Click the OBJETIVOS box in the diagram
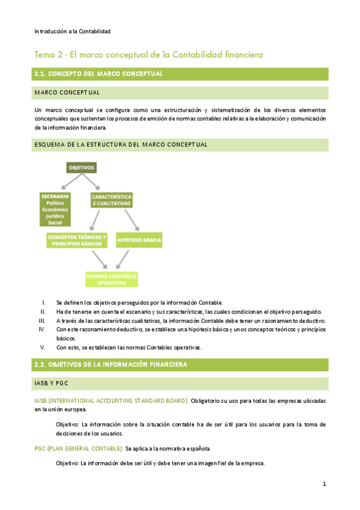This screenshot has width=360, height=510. pos(82,167)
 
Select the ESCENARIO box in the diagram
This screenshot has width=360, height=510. pos(55,209)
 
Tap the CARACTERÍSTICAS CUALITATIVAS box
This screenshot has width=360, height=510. pos(112,200)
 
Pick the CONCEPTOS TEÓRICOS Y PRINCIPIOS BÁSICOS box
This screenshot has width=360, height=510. pos(77,240)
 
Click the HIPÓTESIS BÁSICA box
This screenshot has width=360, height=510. pos(139,240)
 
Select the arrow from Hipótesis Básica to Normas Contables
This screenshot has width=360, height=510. pos(123,259)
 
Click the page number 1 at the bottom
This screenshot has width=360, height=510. pos(324,484)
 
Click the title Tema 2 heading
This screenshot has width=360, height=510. pos(148,55)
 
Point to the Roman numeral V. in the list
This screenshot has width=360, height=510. pos(43,347)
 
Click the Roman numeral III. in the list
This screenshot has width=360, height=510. pos(42,321)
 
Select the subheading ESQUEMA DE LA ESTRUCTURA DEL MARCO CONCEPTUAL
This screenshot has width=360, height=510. pos(121,145)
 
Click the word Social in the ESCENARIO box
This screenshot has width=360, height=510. pos(55,223)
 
